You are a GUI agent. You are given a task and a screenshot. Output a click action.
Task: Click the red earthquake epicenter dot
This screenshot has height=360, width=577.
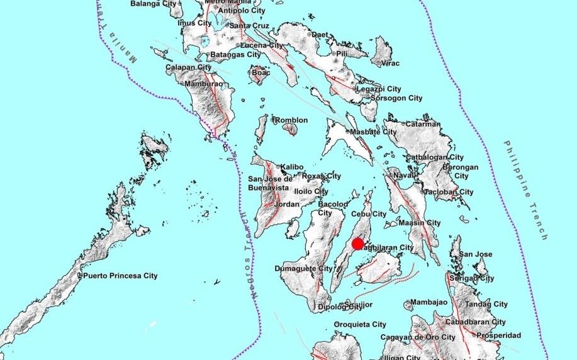point(357,244)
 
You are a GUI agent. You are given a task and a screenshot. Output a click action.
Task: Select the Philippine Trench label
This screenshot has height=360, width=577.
point(525,189)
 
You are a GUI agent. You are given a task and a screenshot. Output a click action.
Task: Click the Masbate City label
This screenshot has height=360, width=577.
point(374,132)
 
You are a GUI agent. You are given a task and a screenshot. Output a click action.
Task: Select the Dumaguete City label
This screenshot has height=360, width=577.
point(304,269)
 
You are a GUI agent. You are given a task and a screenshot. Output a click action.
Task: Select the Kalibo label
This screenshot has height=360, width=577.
point(292,167)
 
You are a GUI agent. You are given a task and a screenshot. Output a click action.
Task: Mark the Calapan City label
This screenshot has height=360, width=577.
point(188,67)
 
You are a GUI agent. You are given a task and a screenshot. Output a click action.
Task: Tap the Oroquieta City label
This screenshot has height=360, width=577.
point(360,325)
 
